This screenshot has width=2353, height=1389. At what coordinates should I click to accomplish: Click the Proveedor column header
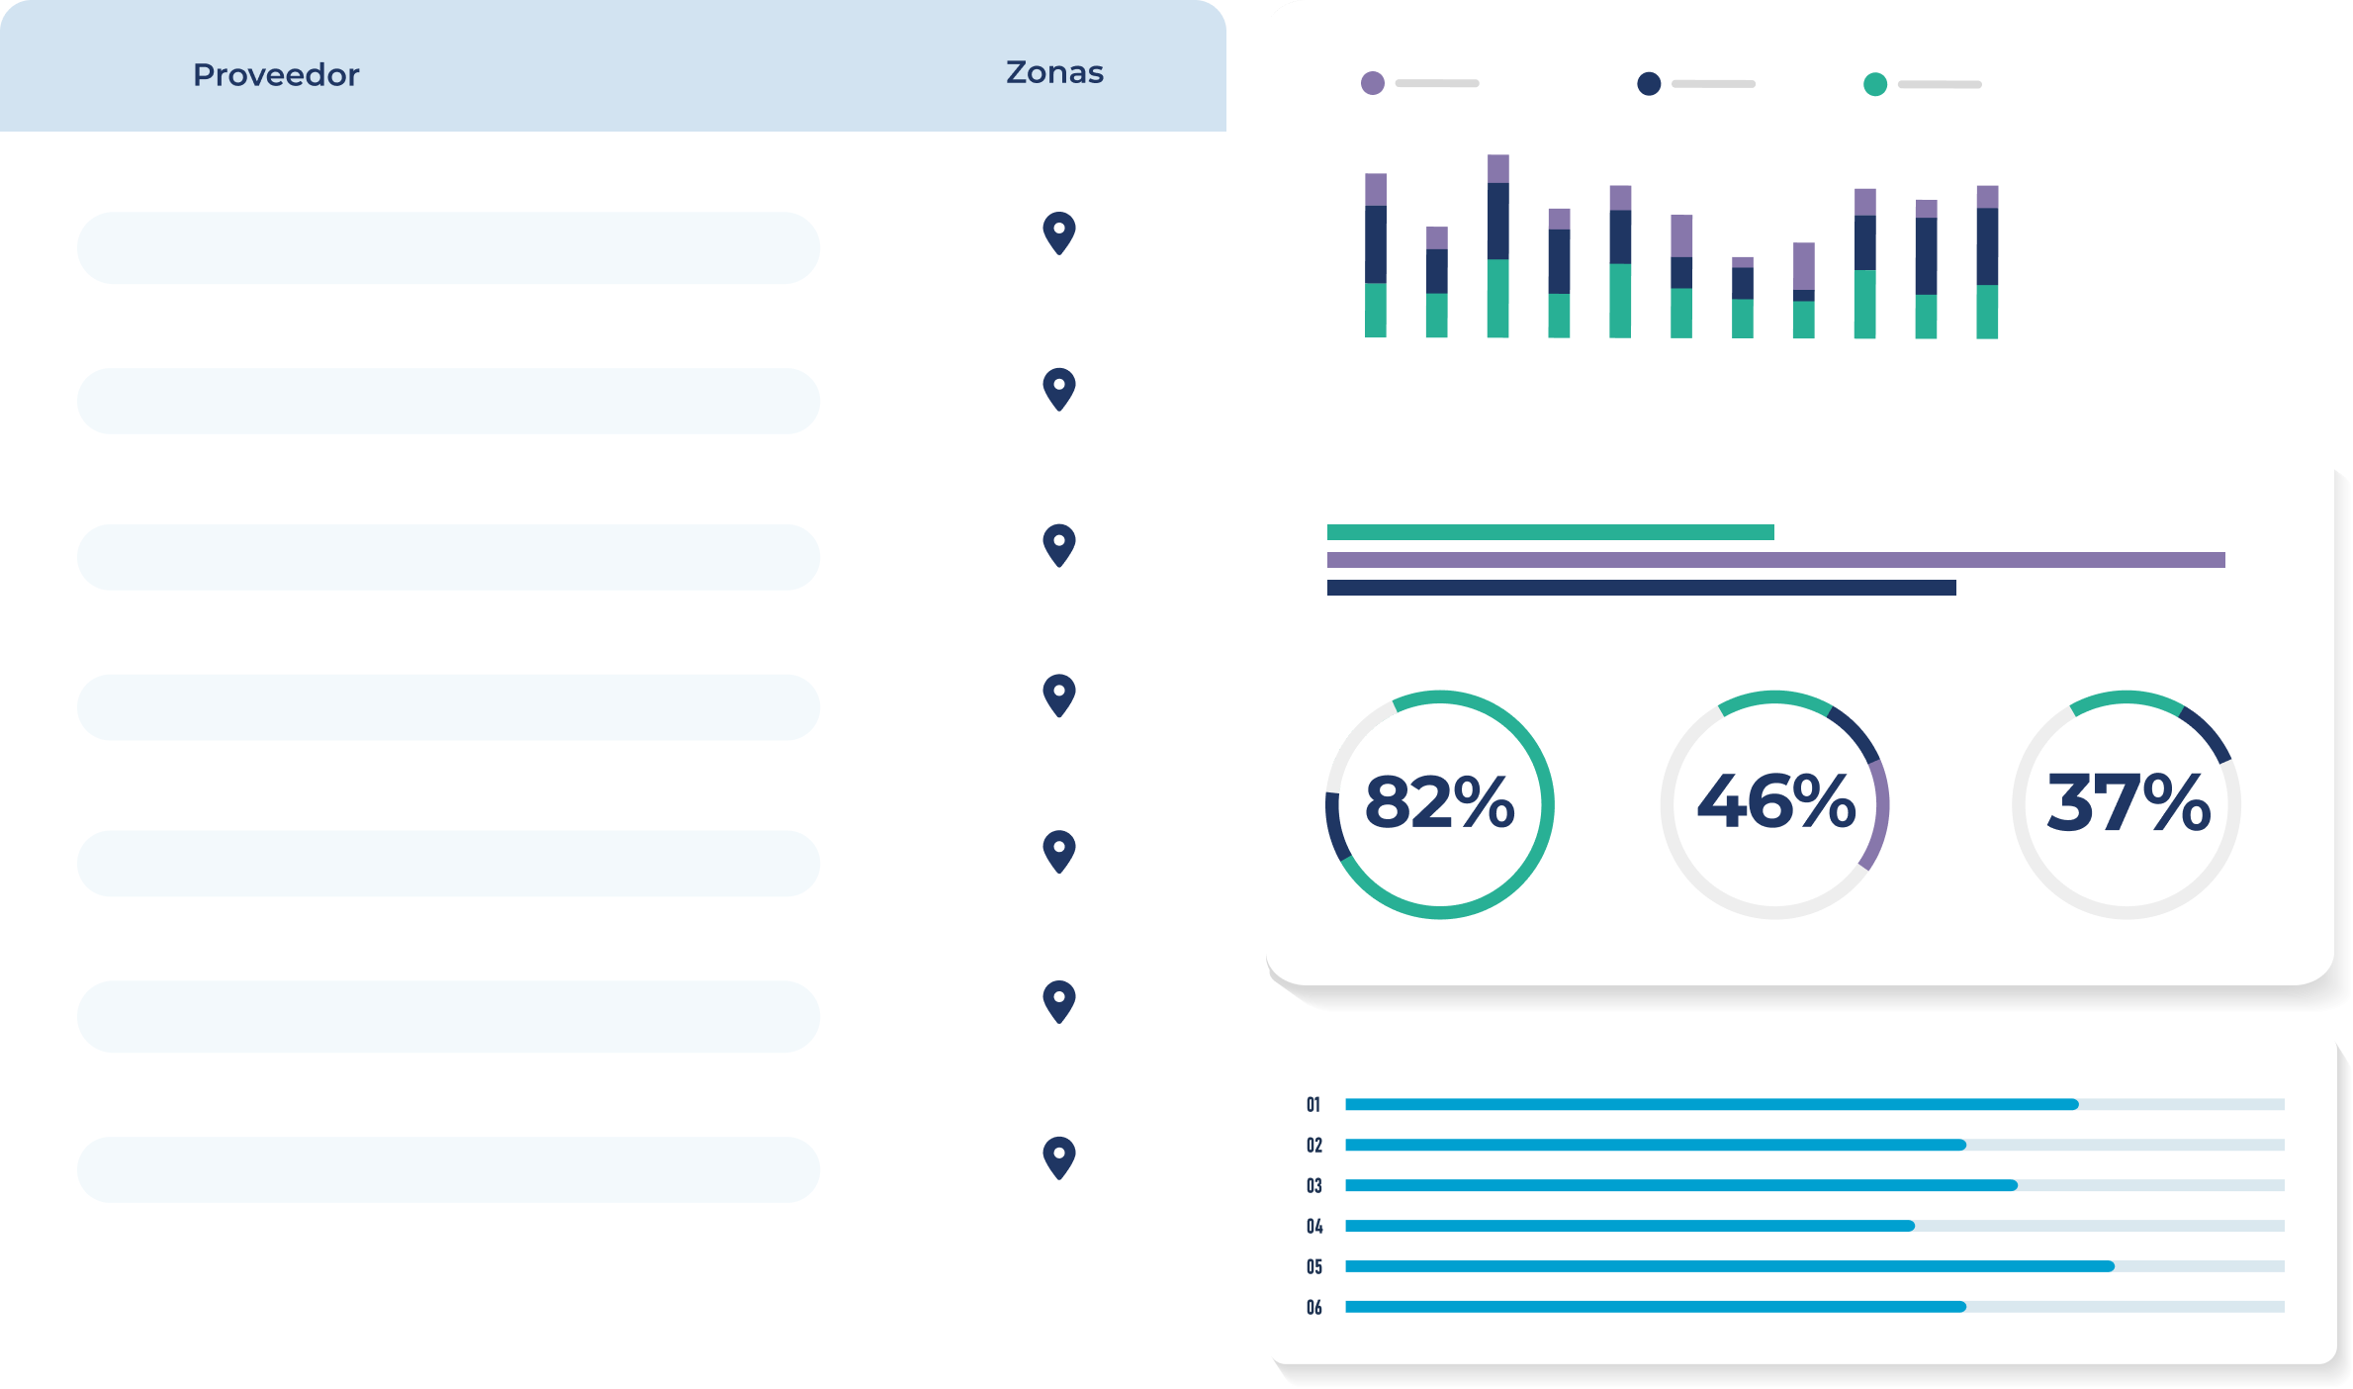point(276,75)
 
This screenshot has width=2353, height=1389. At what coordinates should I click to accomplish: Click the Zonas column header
point(1054,72)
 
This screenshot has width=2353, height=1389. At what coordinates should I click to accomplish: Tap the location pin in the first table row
point(1059,232)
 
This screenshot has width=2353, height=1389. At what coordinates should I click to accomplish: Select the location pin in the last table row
point(1059,1157)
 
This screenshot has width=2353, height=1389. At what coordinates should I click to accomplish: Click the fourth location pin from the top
point(1059,694)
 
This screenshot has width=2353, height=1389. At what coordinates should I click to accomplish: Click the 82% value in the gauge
point(1439,802)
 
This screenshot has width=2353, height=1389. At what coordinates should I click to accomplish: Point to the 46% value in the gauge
point(1775,802)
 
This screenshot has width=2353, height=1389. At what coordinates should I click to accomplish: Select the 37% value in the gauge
point(2127,802)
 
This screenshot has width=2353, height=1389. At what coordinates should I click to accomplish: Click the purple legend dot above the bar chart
point(1373,83)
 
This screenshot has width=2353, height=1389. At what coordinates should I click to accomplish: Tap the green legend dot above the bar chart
point(1874,84)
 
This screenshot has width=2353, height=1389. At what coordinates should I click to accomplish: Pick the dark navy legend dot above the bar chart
point(1649,84)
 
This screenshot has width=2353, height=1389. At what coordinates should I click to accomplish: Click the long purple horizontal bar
point(1775,560)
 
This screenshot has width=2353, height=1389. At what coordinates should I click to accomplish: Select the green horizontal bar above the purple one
point(1550,532)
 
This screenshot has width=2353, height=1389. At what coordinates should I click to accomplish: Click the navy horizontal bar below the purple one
point(1641,588)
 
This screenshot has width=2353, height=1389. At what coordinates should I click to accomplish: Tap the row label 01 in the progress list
point(1313,1104)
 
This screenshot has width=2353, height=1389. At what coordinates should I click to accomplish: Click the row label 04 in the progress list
point(1313,1226)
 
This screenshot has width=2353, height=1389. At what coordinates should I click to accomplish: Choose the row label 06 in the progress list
point(1313,1307)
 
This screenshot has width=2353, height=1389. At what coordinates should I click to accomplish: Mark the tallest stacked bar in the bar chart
point(1498,247)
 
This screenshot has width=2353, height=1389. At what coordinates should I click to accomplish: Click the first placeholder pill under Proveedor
point(448,247)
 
